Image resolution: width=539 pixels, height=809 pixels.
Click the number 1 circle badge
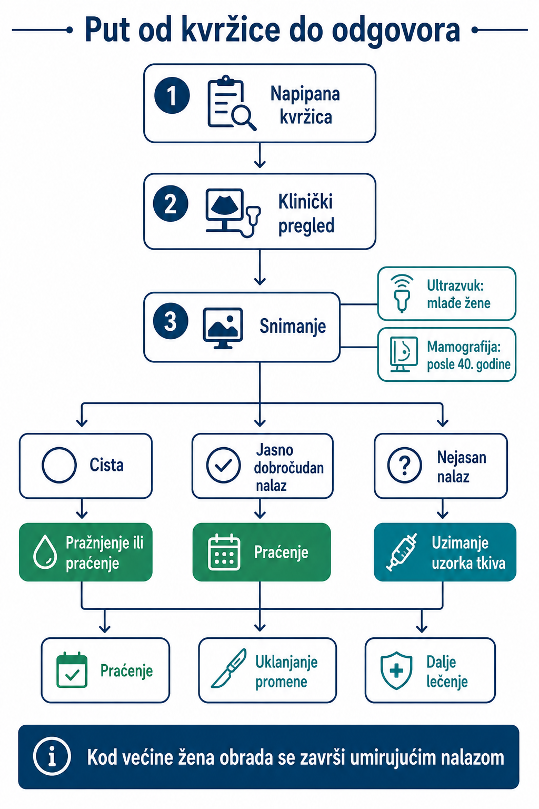(172, 95)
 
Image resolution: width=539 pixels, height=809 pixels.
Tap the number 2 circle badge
(171, 203)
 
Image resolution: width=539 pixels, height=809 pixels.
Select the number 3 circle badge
(171, 321)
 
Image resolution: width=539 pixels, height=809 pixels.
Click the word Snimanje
(293, 326)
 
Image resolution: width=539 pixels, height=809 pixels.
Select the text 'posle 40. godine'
(468, 364)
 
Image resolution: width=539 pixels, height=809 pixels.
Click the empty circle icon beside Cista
(59, 465)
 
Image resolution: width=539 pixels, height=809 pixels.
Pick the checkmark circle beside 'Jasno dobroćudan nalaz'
(224, 465)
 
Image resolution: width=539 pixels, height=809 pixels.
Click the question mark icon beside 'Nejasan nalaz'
(404, 465)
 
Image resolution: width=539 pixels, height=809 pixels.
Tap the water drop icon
(45, 551)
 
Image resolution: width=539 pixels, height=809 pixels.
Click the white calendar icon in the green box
(224, 552)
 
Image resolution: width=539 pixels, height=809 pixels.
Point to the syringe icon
(402, 552)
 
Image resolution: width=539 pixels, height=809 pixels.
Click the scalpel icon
(228, 668)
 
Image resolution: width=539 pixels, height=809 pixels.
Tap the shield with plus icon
(396, 670)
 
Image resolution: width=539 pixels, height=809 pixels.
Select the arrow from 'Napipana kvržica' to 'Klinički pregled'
(259, 155)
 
